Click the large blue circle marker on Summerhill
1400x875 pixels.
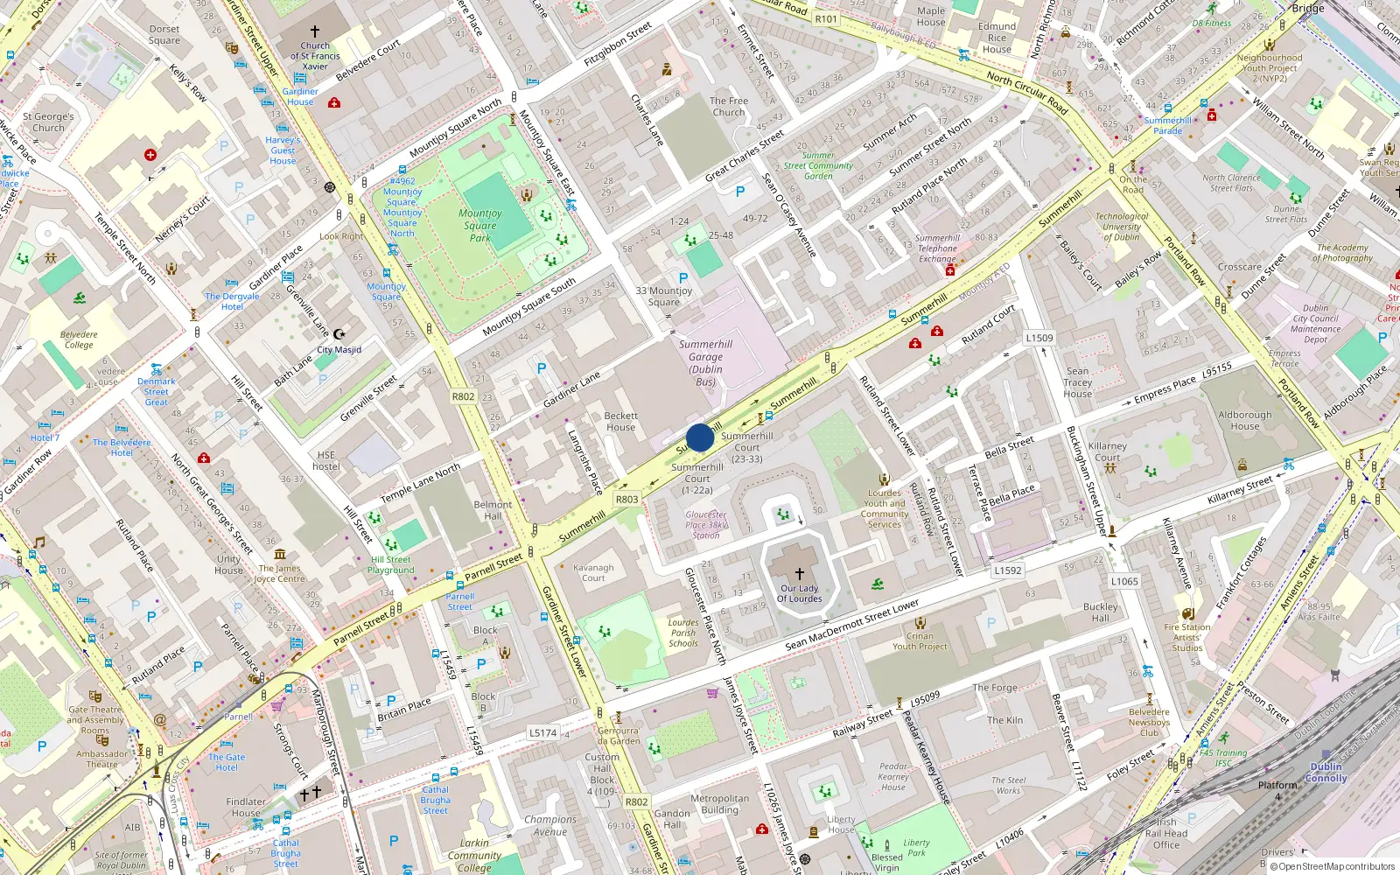700,437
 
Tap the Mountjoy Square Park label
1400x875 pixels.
479,225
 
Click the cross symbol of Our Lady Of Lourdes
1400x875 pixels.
799,574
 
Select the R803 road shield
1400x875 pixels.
627,500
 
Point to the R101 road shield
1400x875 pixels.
825,18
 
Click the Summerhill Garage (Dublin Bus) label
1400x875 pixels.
705,362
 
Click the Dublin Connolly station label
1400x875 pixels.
1326,772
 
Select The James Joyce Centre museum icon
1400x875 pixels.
280,554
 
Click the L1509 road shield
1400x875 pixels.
1039,338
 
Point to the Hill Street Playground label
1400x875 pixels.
390,564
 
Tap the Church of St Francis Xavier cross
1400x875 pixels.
315,31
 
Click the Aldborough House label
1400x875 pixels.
1244,420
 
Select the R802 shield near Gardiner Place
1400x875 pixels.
463,396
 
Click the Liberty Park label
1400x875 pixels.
916,848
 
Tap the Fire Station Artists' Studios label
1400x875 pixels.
1187,637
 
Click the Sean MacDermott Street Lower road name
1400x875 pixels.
851,625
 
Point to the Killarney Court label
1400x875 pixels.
1107,451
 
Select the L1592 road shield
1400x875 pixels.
1008,570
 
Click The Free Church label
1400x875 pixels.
728,106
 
